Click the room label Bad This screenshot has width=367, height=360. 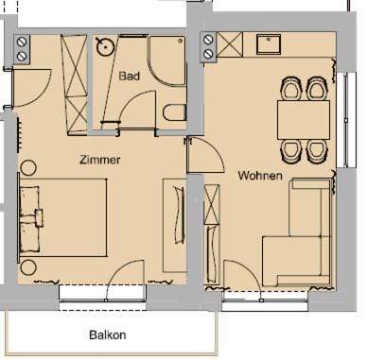coord(130,77)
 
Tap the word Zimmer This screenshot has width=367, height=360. coord(100,160)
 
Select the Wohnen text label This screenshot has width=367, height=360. coord(260,175)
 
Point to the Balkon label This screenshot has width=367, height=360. coord(107,334)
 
